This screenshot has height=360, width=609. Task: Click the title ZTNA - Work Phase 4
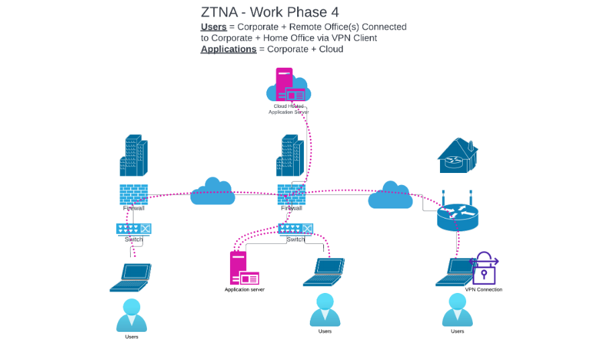pos(270,12)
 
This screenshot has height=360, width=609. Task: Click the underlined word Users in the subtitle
pos(213,27)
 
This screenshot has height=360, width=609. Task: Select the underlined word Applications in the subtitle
pos(228,49)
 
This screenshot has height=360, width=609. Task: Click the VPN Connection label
pos(484,290)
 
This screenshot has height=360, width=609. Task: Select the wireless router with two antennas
pos(457,213)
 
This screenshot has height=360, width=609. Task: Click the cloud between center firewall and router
pos(390,195)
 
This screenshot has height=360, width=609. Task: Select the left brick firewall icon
pos(133,194)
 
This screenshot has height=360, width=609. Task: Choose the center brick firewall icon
pos(292,194)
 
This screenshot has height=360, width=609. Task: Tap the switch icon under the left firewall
pos(134,229)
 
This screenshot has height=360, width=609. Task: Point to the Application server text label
pos(244,290)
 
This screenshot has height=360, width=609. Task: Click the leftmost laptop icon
pos(131,277)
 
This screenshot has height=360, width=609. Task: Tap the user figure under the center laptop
pos(325,309)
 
